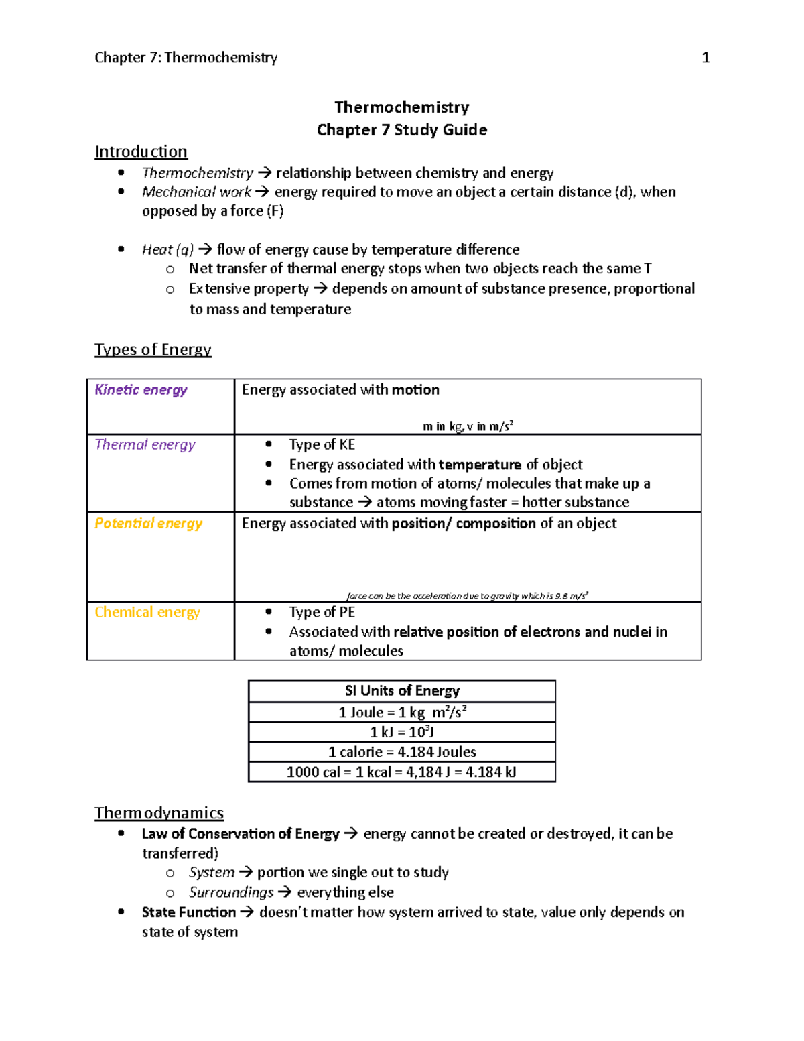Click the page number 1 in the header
click(x=705, y=58)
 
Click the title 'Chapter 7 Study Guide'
click(x=401, y=130)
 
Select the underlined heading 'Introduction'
click(x=141, y=151)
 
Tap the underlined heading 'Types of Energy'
click(x=153, y=349)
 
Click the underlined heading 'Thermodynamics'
click(x=159, y=813)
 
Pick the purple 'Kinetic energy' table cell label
click(x=141, y=390)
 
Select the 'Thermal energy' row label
click(x=145, y=445)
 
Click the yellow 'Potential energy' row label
click(x=148, y=524)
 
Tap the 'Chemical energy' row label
click(x=147, y=613)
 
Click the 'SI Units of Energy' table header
click(x=402, y=691)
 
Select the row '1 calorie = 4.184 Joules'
click(x=402, y=752)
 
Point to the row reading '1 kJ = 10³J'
click(x=402, y=732)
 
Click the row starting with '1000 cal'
click(x=402, y=772)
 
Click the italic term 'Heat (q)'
click(x=167, y=250)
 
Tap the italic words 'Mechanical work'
click(x=196, y=192)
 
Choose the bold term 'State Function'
click(x=188, y=912)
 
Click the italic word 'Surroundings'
click(x=231, y=893)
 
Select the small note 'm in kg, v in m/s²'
click(x=468, y=426)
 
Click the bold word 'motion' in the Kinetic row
click(x=415, y=390)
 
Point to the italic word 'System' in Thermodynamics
click(x=212, y=873)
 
